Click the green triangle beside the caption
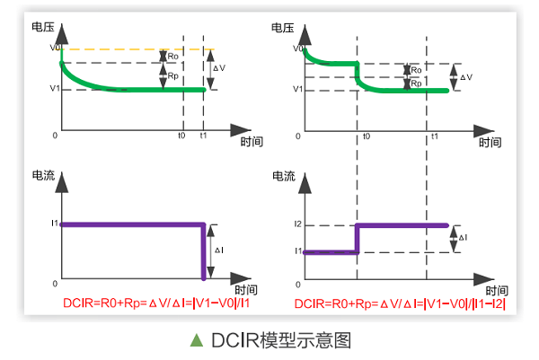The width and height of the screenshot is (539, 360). click(x=197, y=340)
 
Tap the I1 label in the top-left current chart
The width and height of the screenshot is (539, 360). click(x=54, y=223)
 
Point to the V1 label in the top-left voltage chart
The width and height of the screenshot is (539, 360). click(x=54, y=90)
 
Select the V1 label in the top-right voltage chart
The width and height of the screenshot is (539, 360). click(x=298, y=90)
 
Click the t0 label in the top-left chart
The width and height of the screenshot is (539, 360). click(x=181, y=135)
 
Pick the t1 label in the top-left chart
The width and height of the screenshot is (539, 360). click(x=204, y=135)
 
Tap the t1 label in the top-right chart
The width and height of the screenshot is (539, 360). click(x=434, y=135)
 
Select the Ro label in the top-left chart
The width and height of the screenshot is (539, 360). click(x=172, y=56)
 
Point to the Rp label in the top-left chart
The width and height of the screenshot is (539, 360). click(x=172, y=76)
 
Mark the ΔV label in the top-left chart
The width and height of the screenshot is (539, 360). click(x=219, y=67)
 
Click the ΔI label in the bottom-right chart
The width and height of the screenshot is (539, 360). click(x=463, y=238)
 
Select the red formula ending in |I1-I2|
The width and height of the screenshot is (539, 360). click(x=400, y=303)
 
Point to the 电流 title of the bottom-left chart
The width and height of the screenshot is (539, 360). click(x=42, y=174)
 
